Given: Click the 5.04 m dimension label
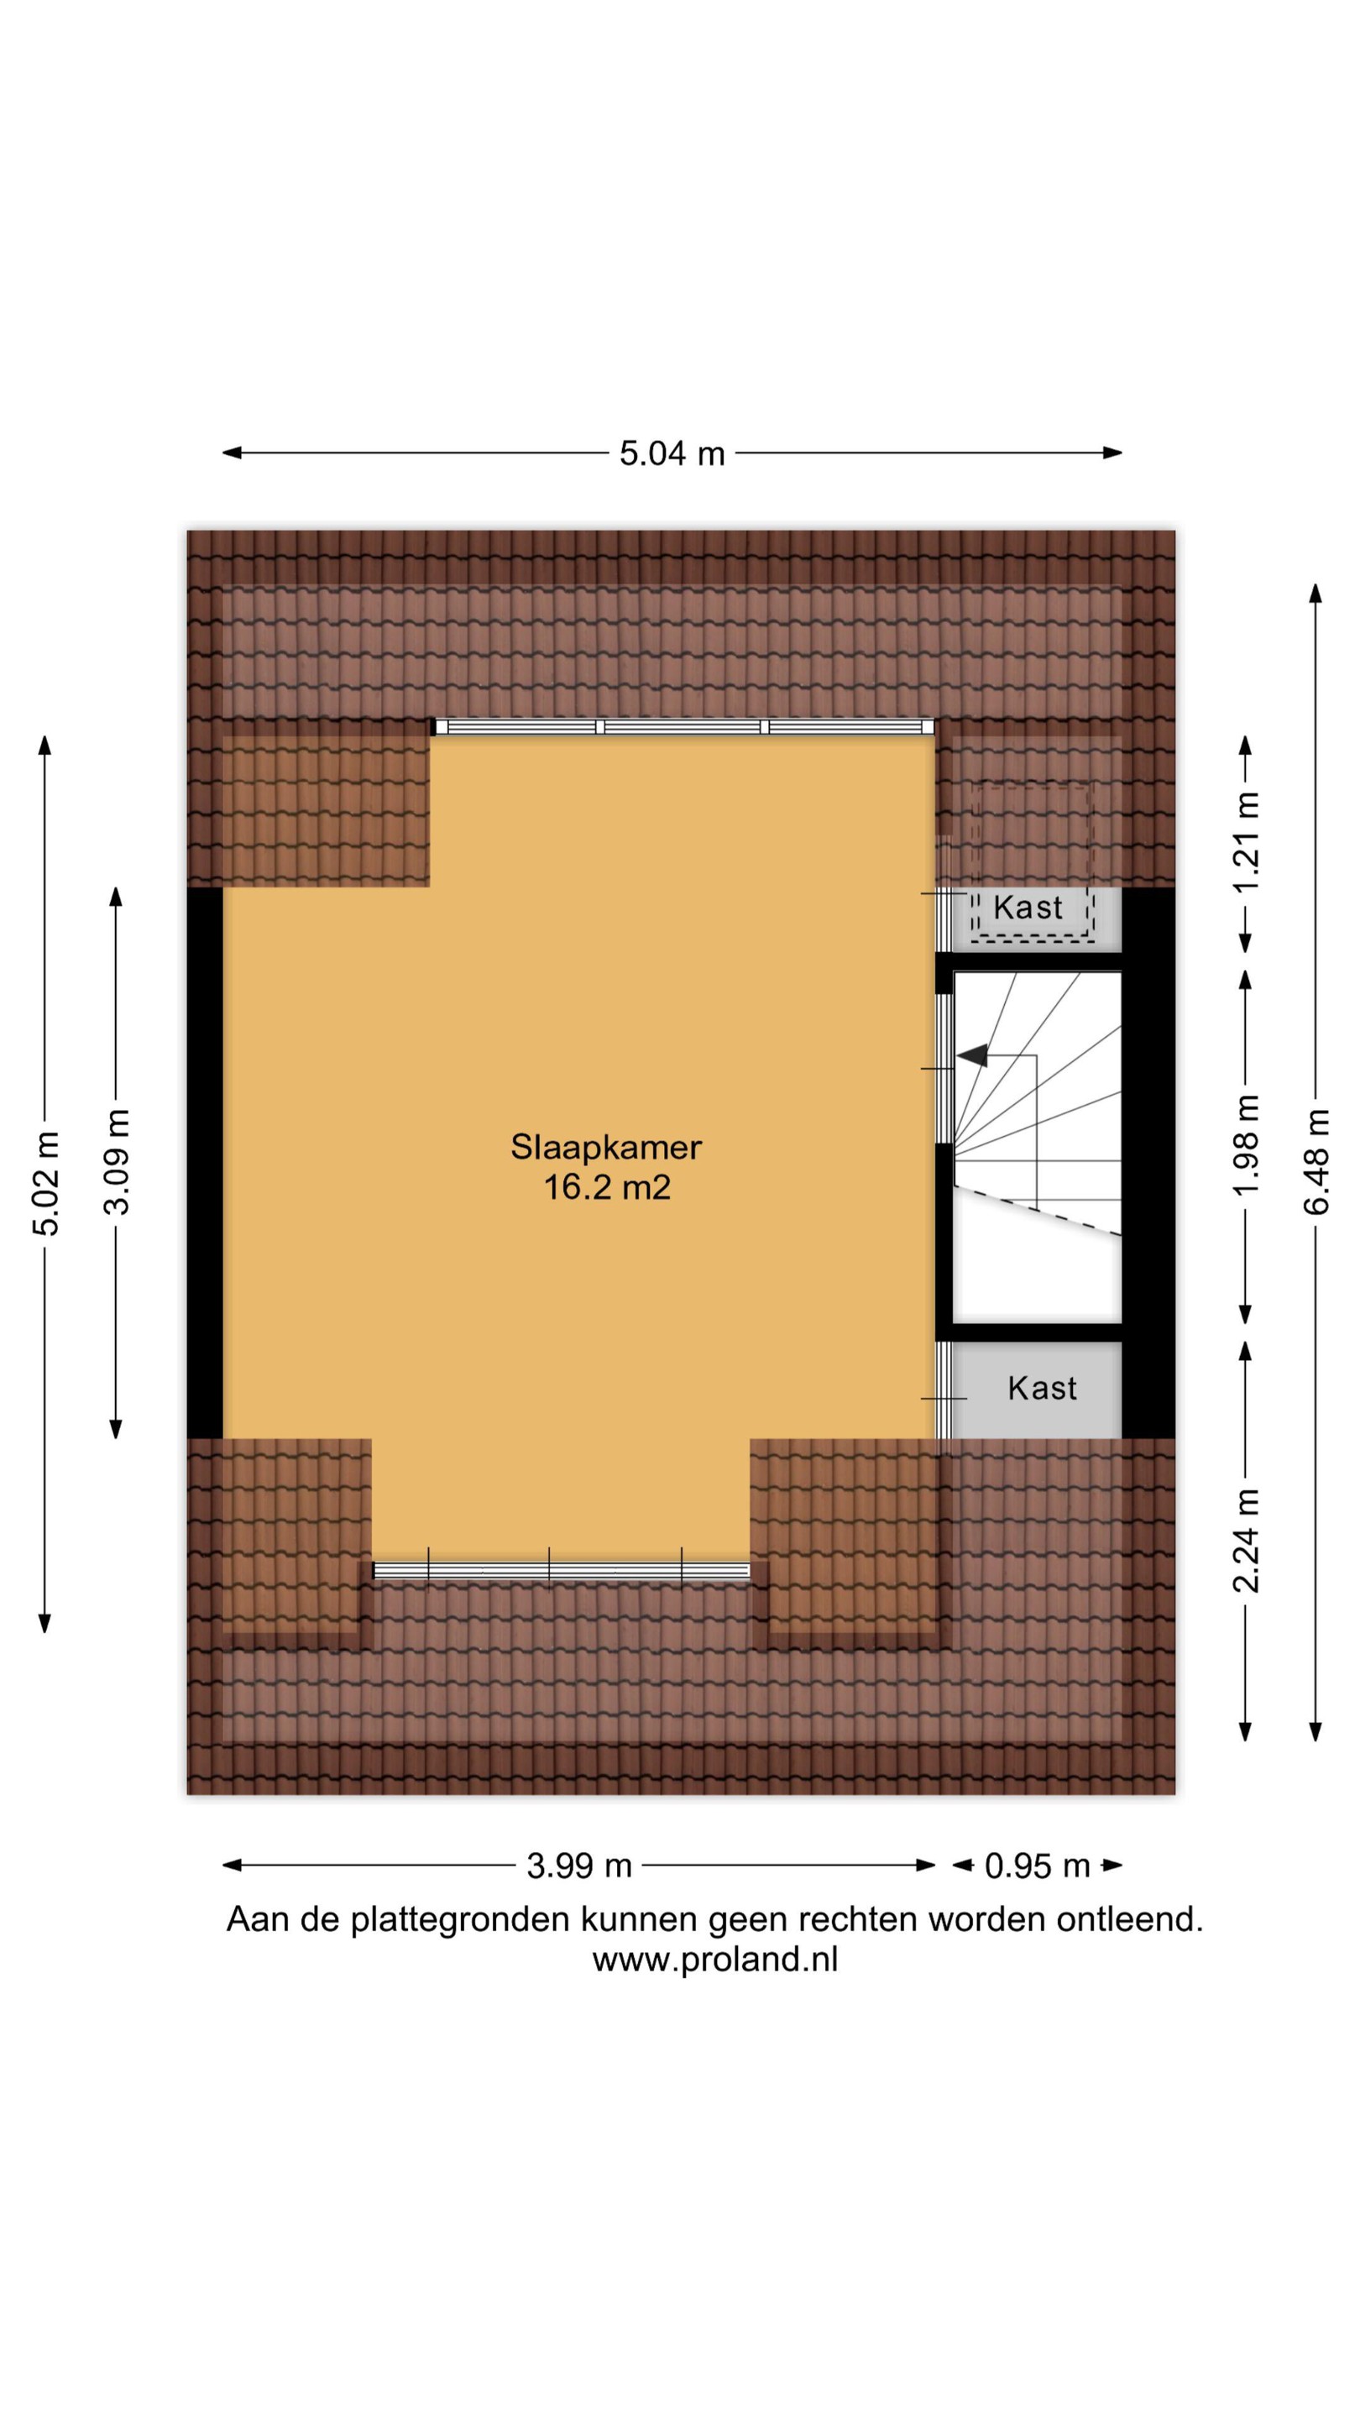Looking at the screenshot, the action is pos(672,453).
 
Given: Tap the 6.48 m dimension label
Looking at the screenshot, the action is pos(1316,1161).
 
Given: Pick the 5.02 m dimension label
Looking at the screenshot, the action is pos(45,1183).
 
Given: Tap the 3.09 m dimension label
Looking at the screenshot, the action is pos(117,1161).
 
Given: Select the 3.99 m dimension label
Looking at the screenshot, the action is pos(579,1865).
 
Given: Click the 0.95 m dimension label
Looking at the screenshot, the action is pos(1037,1865).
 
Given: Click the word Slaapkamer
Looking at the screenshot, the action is pos(606,1147).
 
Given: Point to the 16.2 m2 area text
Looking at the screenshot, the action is pos(607,1187).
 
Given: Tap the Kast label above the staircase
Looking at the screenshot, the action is pos(1028,908).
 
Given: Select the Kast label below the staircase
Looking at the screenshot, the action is pos(1042,1389).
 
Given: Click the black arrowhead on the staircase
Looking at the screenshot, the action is pos(972,1055).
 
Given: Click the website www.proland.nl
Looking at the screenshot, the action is pos(715,1959).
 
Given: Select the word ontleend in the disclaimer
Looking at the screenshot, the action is pos(1129,1918).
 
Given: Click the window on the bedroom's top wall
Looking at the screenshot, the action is pos(684,726).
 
